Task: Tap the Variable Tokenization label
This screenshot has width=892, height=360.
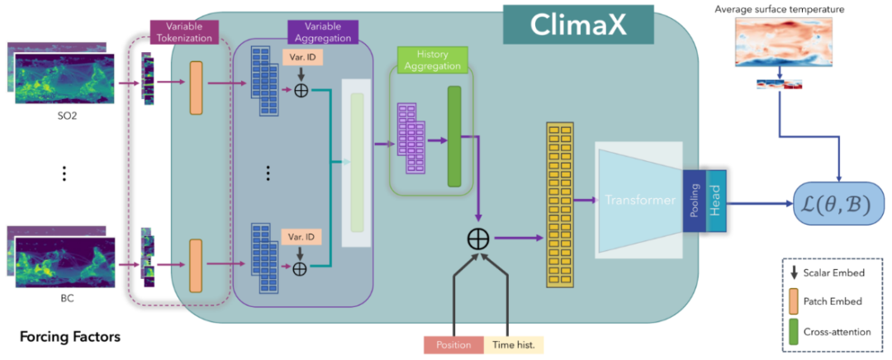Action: coord(184,31)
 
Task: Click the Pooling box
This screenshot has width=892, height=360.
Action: coord(695,200)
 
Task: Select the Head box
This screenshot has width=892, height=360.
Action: coord(715,200)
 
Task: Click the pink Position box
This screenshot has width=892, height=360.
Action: coord(452,344)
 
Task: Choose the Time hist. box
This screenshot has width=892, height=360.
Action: coord(514,344)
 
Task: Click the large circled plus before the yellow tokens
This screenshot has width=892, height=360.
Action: coord(478,239)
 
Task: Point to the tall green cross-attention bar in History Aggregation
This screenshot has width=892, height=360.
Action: coord(453,135)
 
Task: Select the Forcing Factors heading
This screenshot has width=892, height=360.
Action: coord(70,336)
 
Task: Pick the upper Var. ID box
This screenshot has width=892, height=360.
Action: coord(301,59)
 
